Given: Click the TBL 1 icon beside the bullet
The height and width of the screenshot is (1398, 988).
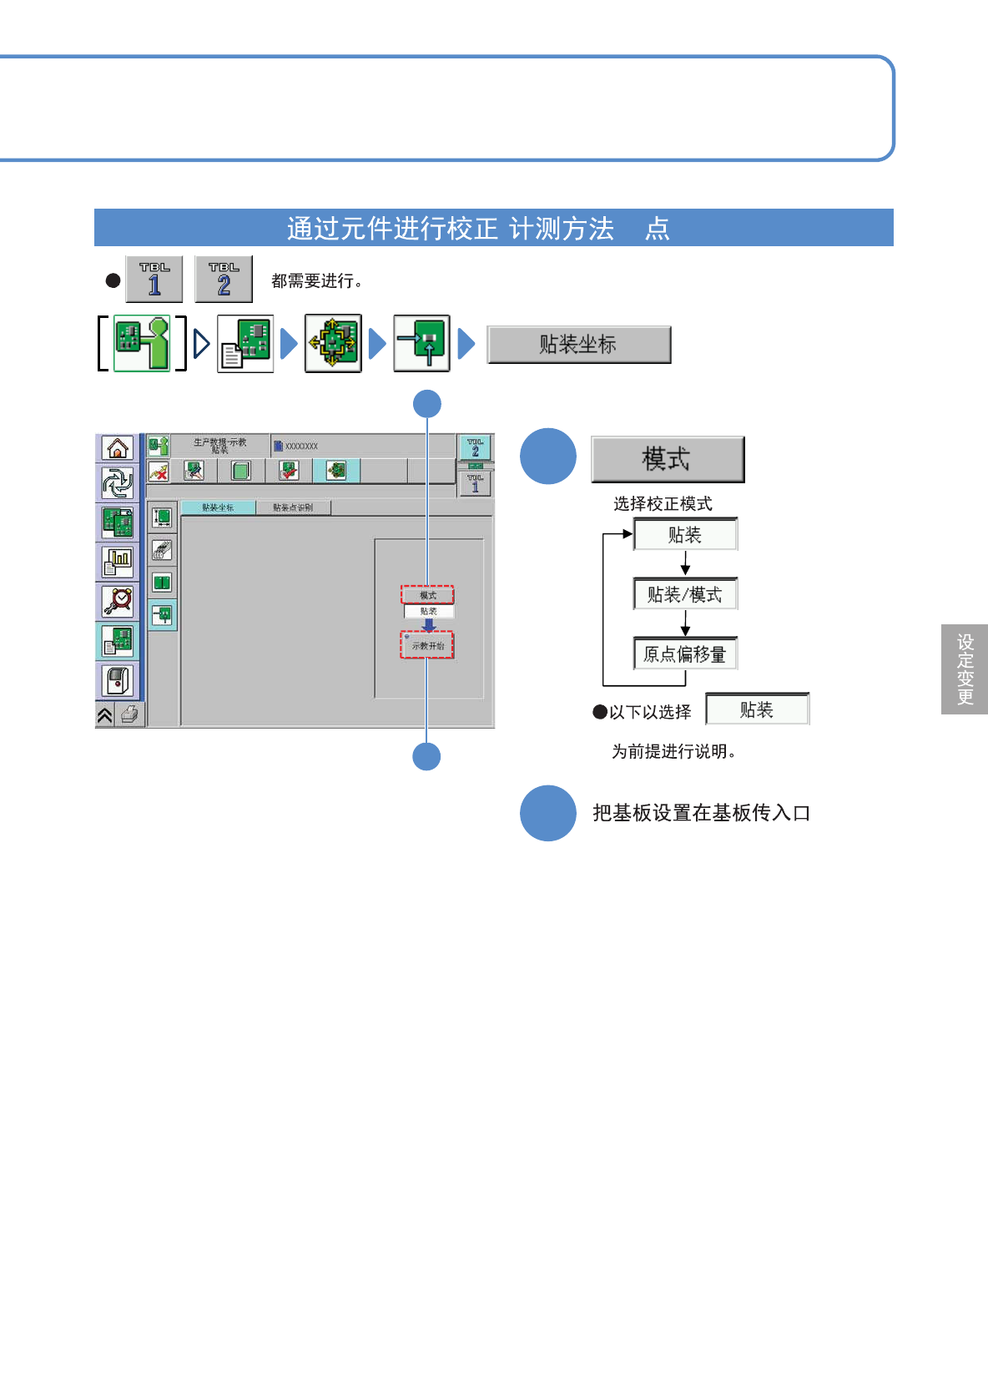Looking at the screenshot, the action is click(154, 280).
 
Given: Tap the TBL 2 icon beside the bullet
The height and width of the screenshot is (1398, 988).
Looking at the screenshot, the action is click(224, 280).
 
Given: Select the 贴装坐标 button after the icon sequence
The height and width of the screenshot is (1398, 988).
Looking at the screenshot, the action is click(579, 345).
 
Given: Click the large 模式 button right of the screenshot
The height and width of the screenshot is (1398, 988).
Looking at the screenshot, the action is click(668, 459).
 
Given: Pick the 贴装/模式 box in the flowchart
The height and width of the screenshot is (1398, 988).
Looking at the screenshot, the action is click(685, 594).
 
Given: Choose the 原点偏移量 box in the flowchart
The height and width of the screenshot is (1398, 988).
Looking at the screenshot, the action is click(685, 654).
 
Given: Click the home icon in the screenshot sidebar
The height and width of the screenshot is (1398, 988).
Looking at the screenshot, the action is click(118, 448).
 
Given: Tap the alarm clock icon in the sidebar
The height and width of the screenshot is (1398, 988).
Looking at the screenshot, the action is click(118, 600).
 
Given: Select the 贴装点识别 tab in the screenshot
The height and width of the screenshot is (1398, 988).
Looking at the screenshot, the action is click(293, 507).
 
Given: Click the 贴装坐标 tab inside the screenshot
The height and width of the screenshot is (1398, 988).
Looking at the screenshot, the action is click(218, 507).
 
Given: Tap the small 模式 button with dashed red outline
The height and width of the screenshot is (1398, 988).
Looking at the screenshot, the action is click(427, 595).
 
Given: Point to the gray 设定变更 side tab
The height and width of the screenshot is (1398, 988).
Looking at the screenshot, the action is click(965, 669).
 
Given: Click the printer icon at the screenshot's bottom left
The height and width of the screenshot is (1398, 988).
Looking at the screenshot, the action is click(130, 714).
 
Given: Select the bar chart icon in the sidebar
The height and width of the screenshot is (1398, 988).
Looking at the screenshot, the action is click(118, 562).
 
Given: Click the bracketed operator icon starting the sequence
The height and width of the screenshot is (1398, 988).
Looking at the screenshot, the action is click(142, 343).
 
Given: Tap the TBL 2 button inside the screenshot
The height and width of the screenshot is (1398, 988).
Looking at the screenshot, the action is click(475, 448).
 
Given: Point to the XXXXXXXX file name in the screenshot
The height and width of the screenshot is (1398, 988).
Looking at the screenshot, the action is click(300, 447).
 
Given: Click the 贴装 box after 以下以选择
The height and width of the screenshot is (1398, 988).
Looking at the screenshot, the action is click(757, 709).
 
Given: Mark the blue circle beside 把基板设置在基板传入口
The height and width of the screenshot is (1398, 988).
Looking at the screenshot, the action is click(548, 813).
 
